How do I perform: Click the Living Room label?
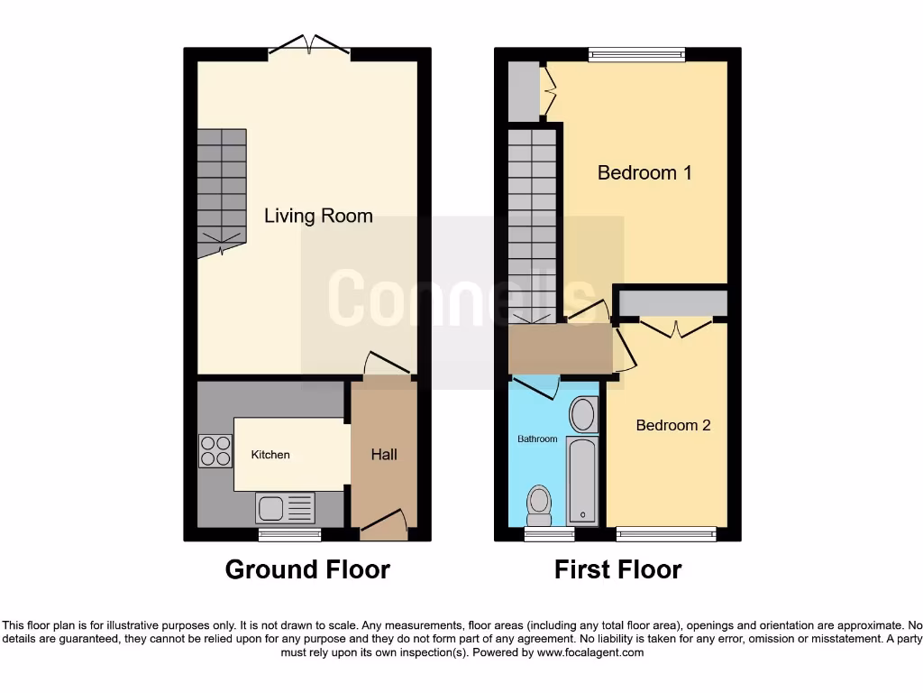pyautogui.click(x=318, y=216)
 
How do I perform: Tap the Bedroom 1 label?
pyautogui.click(x=644, y=172)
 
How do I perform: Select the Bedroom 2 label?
pyautogui.click(x=673, y=425)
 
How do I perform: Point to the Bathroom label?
pyautogui.click(x=537, y=439)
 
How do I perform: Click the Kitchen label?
pyautogui.click(x=270, y=455)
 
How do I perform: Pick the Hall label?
pyautogui.click(x=384, y=455)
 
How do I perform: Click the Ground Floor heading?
pyautogui.click(x=307, y=570)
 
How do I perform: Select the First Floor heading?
pyautogui.click(x=618, y=570)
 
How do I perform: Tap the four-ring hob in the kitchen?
pyautogui.click(x=215, y=451)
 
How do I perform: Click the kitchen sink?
pyautogui.click(x=285, y=508)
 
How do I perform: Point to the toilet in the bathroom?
pyautogui.click(x=539, y=505)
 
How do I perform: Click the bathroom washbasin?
pyautogui.click(x=583, y=416)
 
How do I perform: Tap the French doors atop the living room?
pyautogui.click(x=308, y=45)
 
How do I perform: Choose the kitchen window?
pyautogui.click(x=289, y=535)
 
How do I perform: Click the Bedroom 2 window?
pyautogui.click(x=666, y=534)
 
